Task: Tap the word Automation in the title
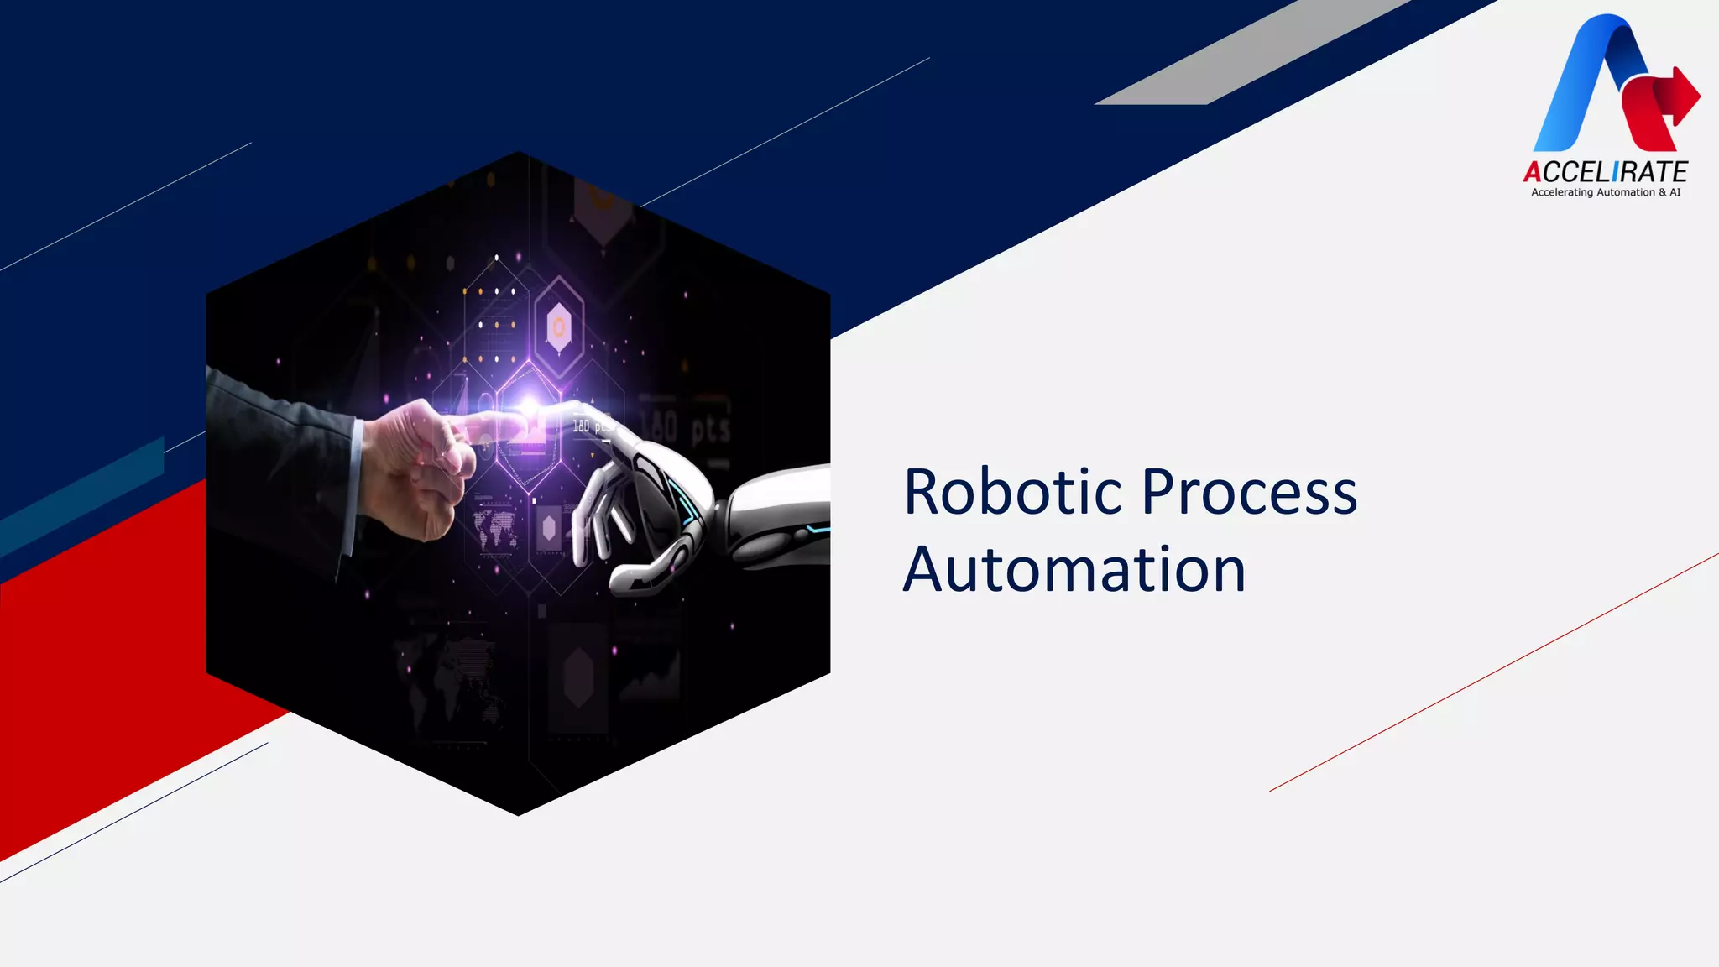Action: [x=1074, y=570]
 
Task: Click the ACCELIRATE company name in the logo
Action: [x=1605, y=172]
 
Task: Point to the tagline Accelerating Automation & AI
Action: [x=1605, y=192]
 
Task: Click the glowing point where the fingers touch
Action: [x=530, y=409]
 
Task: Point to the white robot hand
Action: [x=638, y=504]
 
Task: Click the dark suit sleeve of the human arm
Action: [x=277, y=470]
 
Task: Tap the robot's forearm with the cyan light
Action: [x=781, y=516]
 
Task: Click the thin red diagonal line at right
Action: [x=1494, y=672]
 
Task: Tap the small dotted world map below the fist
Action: [x=495, y=529]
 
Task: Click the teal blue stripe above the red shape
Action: [x=84, y=495]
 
